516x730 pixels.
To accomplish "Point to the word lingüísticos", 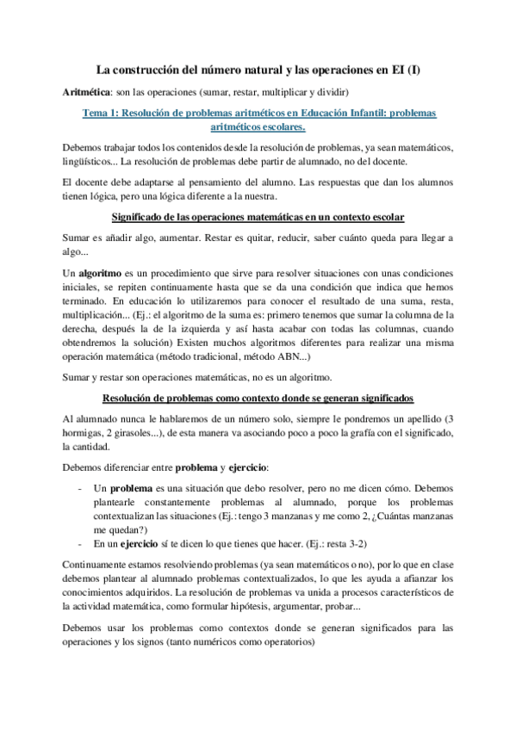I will coord(90,161).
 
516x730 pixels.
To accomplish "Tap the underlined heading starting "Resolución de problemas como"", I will coord(258,398).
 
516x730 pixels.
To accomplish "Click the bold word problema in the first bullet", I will coord(129,488).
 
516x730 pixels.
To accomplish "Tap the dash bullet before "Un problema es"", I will coord(80,488).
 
